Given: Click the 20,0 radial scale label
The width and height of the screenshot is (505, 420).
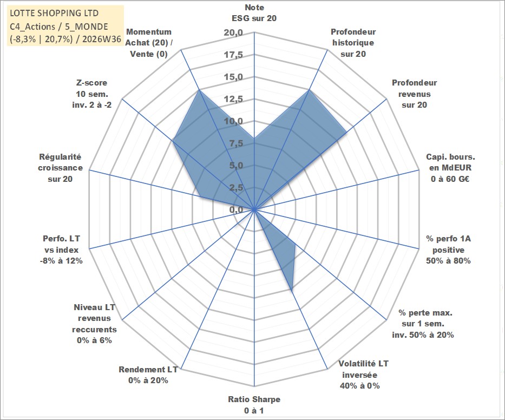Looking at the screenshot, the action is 233,33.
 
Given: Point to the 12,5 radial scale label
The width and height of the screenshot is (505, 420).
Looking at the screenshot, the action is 233,99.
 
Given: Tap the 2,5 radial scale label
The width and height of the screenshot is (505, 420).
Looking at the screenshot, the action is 236,187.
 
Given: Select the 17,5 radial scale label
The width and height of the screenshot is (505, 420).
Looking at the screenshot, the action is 233,55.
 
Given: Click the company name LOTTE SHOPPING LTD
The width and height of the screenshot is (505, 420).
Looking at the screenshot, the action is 54,13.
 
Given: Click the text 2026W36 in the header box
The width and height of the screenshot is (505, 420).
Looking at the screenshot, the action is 101,40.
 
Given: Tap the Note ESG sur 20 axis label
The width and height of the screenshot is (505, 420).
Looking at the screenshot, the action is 254,13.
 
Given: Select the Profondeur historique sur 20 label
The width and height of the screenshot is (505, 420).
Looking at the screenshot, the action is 353,43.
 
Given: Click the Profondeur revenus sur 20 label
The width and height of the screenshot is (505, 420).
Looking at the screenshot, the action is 414,94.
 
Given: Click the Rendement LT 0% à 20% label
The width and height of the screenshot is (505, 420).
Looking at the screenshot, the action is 148,375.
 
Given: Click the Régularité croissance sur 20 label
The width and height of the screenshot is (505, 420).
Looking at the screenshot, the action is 60,168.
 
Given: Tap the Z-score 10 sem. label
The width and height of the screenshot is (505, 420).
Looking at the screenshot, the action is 92,94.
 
